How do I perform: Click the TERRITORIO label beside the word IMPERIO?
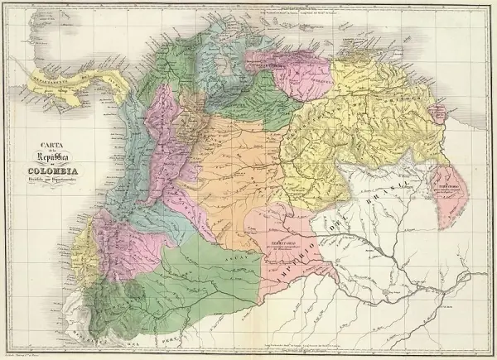(284, 241)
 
